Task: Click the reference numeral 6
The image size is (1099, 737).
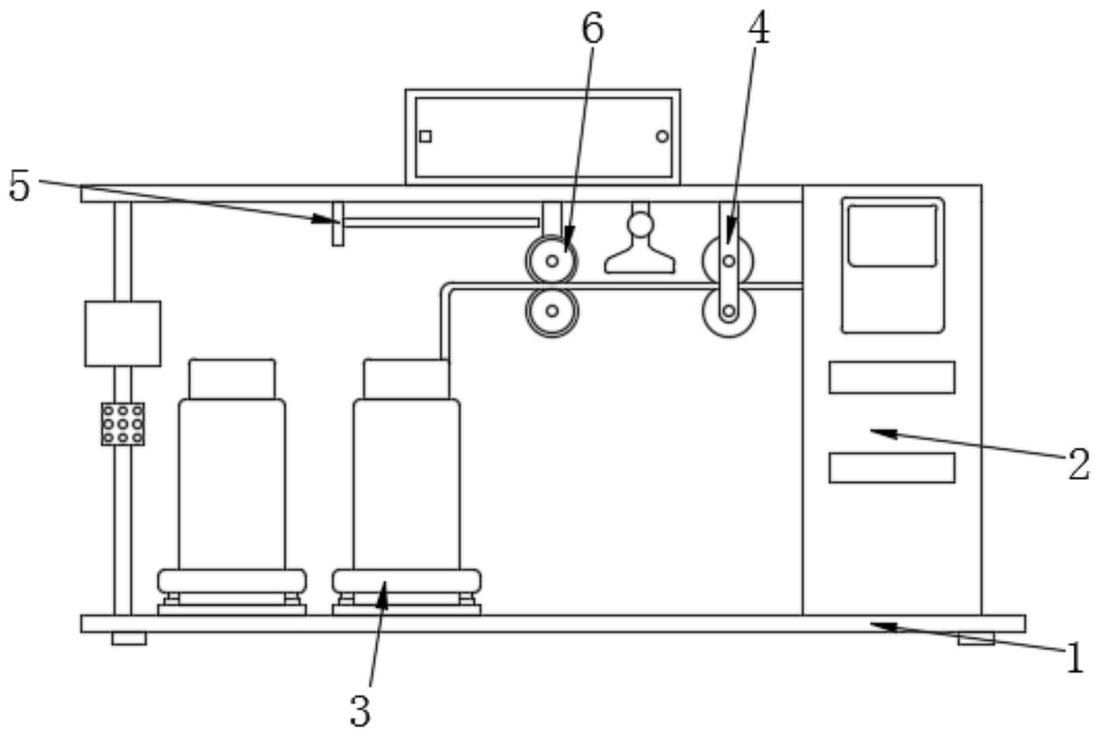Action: [593, 29]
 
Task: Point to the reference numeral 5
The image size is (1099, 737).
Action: [19, 186]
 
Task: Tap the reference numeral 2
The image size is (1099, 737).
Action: [1079, 464]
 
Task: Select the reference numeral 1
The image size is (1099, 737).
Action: [1075, 658]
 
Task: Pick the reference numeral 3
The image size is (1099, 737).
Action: [360, 711]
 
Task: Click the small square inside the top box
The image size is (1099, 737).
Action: [425, 136]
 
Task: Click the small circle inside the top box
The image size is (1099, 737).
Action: [662, 136]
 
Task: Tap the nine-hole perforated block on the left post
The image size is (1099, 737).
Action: [123, 424]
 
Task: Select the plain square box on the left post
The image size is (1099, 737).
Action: [123, 334]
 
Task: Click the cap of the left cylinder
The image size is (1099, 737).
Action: [232, 379]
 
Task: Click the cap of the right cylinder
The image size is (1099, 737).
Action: [406, 379]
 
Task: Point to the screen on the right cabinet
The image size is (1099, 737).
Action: [892, 236]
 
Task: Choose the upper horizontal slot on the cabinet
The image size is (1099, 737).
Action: [892, 378]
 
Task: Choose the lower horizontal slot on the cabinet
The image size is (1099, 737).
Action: [892, 468]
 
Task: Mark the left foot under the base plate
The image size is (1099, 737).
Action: [129, 639]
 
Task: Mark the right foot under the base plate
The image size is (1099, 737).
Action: [976, 639]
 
